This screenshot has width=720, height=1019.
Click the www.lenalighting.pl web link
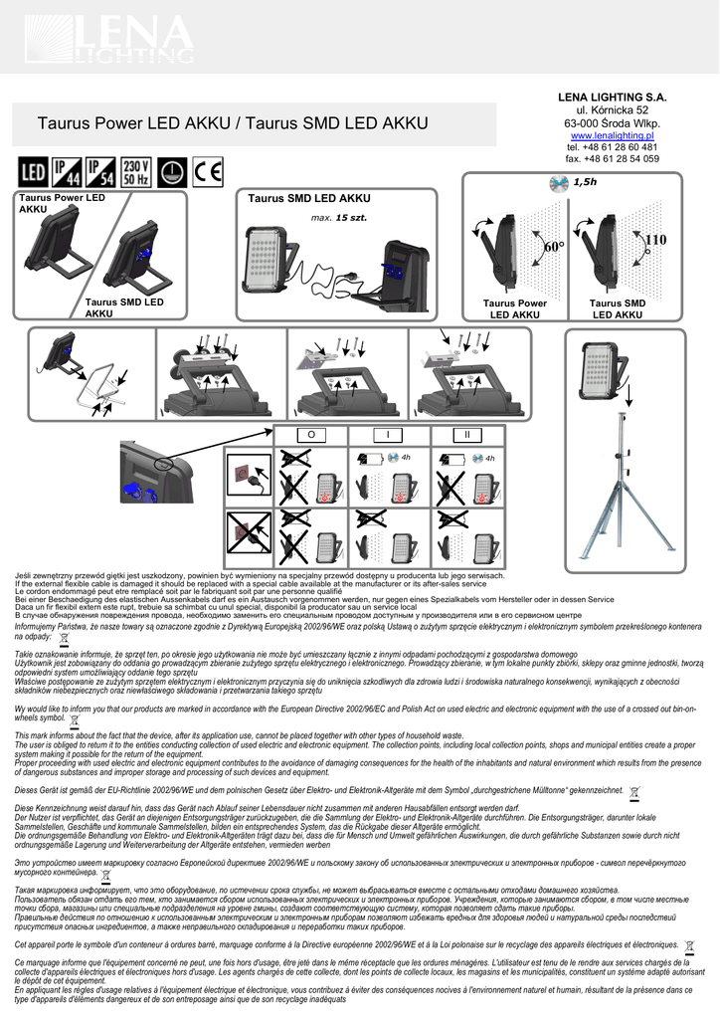coord(612,135)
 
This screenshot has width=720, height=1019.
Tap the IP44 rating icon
coord(67,172)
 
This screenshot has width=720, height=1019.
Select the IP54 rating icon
coord(100,172)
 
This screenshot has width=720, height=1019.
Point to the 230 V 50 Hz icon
coord(136,172)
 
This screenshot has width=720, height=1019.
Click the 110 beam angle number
coord(654,240)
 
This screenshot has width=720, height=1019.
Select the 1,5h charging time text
coord(584,182)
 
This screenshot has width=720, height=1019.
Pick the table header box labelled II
coord(465,435)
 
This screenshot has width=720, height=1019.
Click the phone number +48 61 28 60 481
coord(612,147)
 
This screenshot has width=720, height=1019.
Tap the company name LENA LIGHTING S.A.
coord(612,97)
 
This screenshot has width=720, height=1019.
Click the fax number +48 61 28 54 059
coord(612,158)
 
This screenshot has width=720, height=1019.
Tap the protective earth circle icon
coord(173,172)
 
